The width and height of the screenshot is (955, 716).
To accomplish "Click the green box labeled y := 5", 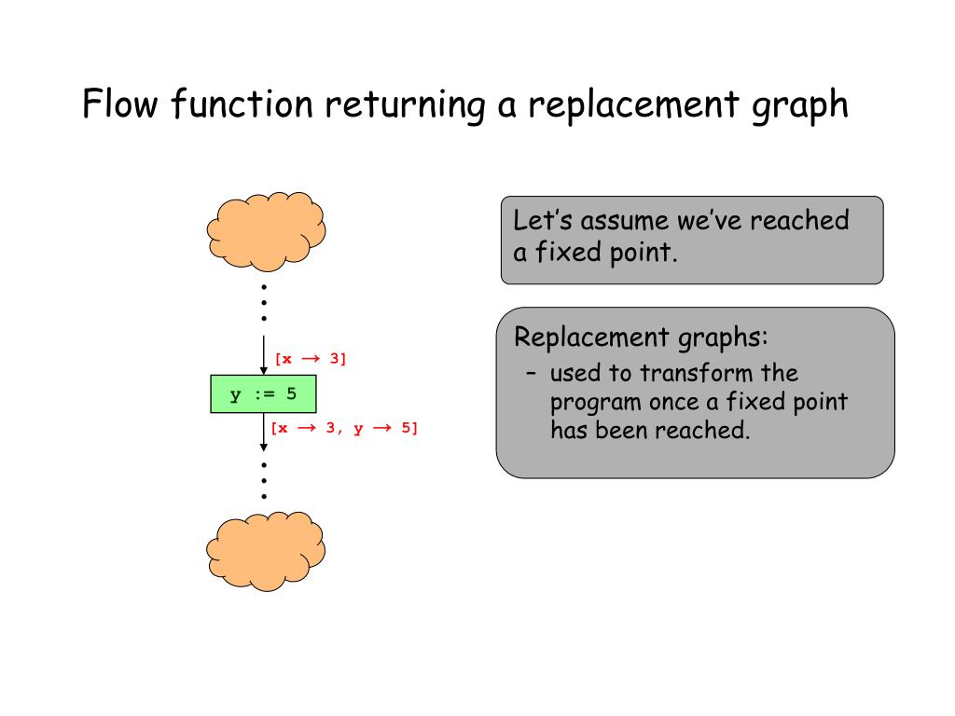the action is click(x=263, y=393).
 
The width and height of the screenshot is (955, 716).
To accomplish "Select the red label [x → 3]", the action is click(x=310, y=359).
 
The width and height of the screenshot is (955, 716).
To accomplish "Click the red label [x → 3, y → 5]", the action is click(x=344, y=429).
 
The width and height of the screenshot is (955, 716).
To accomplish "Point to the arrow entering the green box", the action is click(x=263, y=355).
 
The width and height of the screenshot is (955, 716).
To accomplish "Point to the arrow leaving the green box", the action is click(x=263, y=434).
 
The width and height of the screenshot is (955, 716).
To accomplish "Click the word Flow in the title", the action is click(x=119, y=104).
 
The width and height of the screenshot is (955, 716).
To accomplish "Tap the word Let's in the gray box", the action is click(x=540, y=221).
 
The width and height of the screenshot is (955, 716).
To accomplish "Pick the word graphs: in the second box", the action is click(x=722, y=337).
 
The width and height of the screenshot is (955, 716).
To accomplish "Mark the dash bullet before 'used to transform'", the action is click(x=530, y=374).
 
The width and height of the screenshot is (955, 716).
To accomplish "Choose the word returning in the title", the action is click(x=405, y=105).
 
